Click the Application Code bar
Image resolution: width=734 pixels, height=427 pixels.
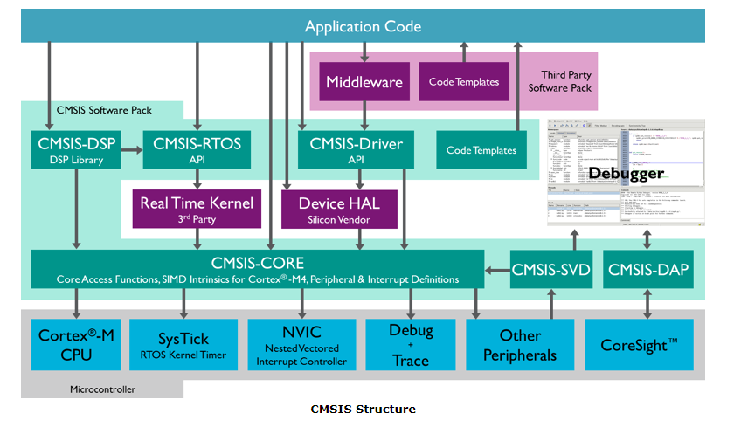click(363, 26)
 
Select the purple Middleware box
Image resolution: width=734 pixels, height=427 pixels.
click(364, 82)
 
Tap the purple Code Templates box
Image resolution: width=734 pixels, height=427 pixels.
click(464, 82)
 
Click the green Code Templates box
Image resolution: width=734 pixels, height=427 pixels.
click(481, 149)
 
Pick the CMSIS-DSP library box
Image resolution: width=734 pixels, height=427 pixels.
click(77, 148)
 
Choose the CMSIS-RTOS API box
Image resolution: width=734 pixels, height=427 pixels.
click(197, 148)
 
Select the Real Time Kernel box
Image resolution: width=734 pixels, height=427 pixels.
click(197, 210)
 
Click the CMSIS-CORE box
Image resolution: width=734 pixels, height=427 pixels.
click(258, 270)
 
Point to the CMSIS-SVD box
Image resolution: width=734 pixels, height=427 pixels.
click(550, 270)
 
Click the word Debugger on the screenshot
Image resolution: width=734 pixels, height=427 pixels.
click(626, 173)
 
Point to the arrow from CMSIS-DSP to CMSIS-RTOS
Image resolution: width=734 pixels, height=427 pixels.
click(129, 149)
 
